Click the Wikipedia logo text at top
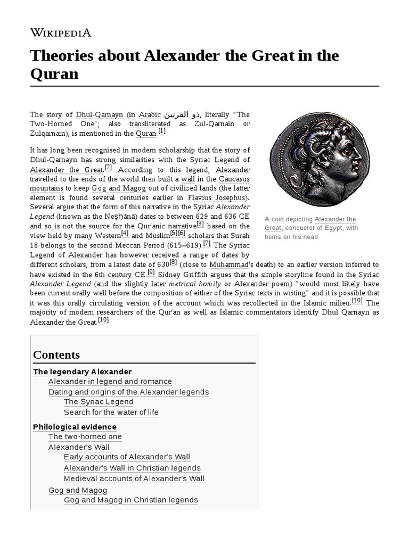[x=61, y=33]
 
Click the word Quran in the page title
[x=54, y=73]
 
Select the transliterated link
[x=150, y=124]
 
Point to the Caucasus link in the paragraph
[x=234, y=179]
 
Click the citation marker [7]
[x=207, y=244]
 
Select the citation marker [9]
[x=151, y=272]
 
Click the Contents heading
[x=56, y=355]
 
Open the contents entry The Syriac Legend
[x=99, y=402]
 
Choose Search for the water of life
[x=111, y=412]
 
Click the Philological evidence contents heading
[x=75, y=427]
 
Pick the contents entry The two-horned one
[x=85, y=437]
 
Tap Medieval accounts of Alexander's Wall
[x=134, y=478]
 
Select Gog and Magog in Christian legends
[x=130, y=500]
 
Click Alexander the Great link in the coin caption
[x=335, y=220]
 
